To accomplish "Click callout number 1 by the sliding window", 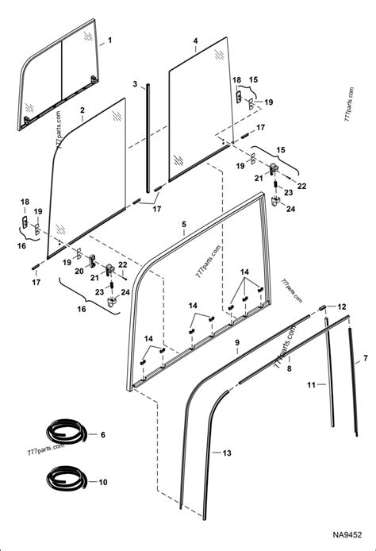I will (110, 40).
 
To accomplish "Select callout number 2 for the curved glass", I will (82, 110).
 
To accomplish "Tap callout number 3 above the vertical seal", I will (135, 84).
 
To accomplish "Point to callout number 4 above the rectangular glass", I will (194, 40).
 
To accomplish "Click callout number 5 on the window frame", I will (184, 225).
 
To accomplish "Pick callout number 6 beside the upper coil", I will (102, 434).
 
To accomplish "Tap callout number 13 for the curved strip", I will (228, 453).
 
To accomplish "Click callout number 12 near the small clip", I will (343, 306).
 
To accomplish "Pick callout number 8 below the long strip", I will (290, 369).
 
